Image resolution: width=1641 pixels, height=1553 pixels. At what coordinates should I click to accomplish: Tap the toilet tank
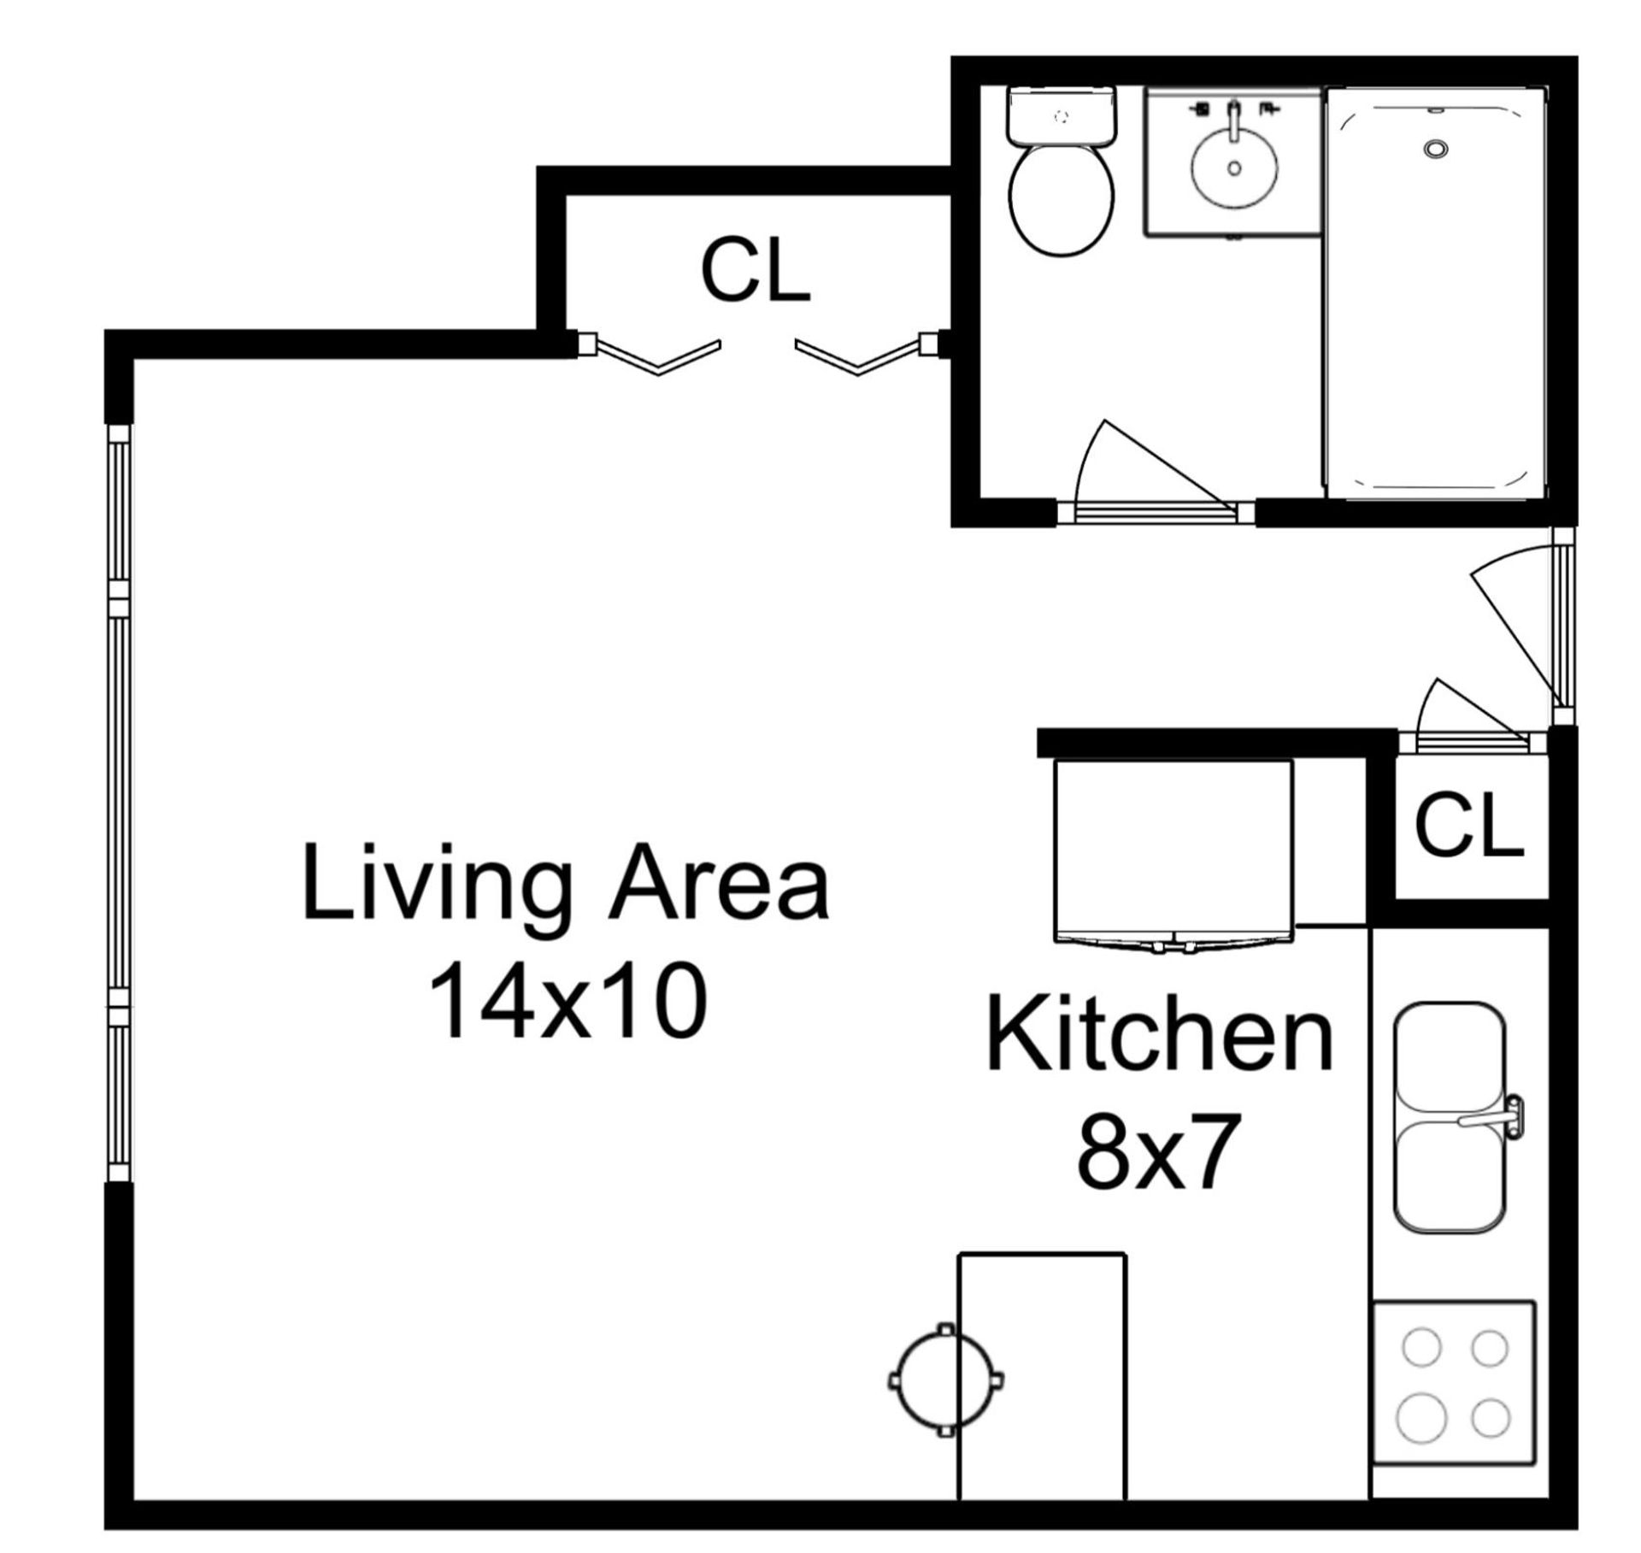pyautogui.click(x=1062, y=116)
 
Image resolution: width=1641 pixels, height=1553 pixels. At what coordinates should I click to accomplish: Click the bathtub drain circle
pyautogui.click(x=1436, y=149)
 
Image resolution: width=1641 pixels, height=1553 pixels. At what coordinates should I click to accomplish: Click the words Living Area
pyautogui.click(x=565, y=881)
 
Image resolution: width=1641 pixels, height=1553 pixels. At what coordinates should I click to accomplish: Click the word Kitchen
pyautogui.click(x=1159, y=1035)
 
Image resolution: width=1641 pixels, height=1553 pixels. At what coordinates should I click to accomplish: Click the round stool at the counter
pyautogui.click(x=945, y=1379)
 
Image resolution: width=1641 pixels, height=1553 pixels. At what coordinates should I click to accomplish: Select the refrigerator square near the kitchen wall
pyautogui.click(x=1173, y=850)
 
